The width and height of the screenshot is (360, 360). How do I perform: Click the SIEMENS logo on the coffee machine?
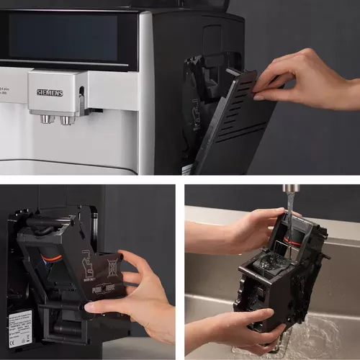tap(50, 92)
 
